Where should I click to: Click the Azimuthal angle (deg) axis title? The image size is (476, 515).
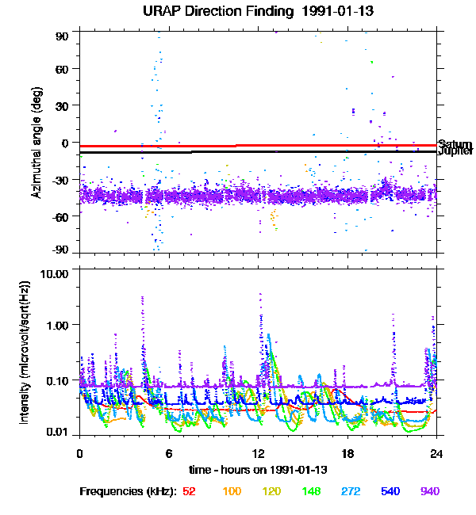pyautogui.click(x=36, y=143)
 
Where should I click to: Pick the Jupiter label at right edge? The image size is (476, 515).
pyautogui.click(x=455, y=151)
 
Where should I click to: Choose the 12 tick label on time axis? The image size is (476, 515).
pyautogui.click(x=258, y=453)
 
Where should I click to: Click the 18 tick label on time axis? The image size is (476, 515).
pyautogui.click(x=347, y=453)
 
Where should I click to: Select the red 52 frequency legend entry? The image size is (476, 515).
pyautogui.click(x=189, y=491)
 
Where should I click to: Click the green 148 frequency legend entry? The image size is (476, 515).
pyautogui.click(x=310, y=491)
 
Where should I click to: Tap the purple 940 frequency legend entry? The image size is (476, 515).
pyautogui.click(x=429, y=491)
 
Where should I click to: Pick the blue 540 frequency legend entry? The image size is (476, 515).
pyautogui.click(x=390, y=491)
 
